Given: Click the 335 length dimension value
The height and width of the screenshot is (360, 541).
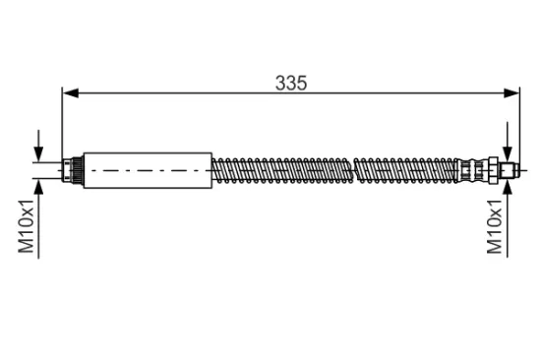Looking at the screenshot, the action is pos(291,84).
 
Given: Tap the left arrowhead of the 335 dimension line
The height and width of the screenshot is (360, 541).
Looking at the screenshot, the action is pos(71,93).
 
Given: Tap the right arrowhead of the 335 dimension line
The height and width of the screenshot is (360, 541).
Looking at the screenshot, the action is pos(511,93).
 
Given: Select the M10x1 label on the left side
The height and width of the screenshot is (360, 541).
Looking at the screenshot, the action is pos(26,226).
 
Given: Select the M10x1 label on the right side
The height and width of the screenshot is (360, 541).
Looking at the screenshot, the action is pos(495,226).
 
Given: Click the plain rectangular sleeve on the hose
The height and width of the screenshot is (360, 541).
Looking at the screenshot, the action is pos(148,170).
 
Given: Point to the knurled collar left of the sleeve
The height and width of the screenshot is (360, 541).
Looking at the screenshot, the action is pos(73,170).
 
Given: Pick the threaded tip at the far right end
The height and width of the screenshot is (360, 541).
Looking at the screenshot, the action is pos(509,170).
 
